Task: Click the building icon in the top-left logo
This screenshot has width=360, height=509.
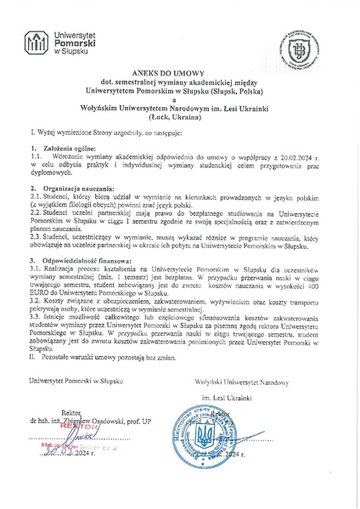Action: point(37,42)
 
